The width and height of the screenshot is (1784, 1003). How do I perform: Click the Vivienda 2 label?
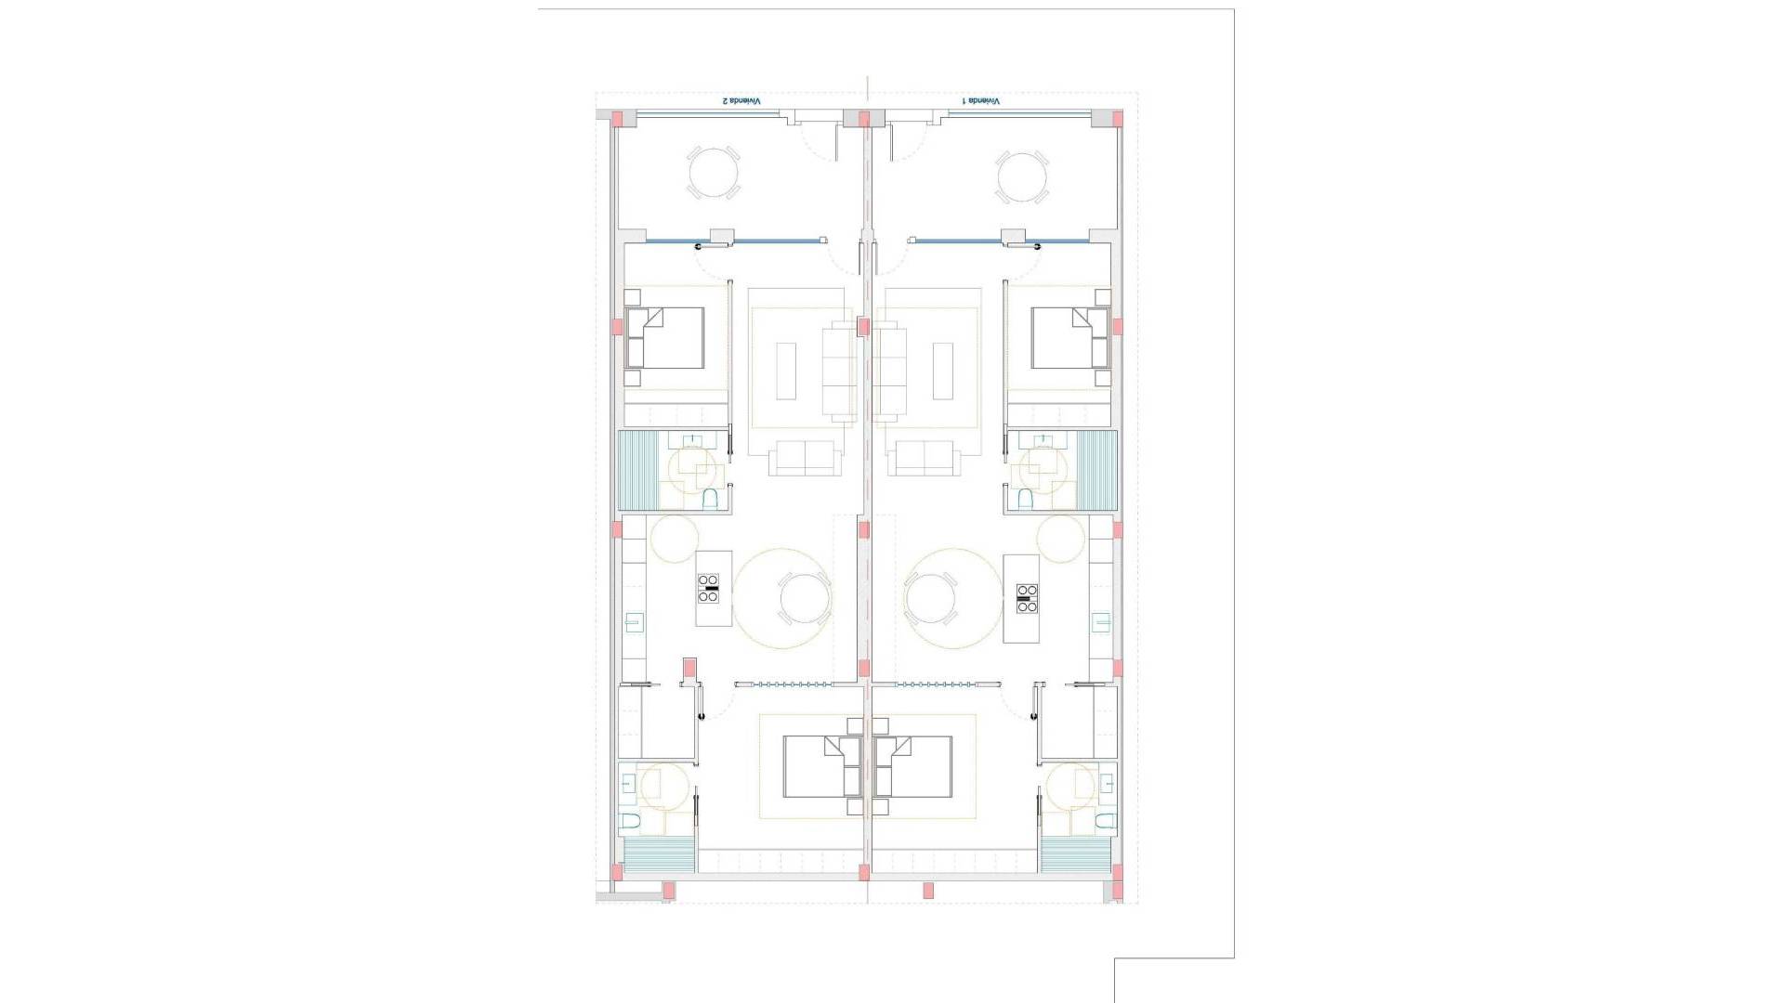pos(742,100)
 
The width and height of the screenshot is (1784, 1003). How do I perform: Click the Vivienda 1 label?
pos(981,100)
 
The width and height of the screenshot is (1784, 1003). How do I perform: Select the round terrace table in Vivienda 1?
pos(1022,176)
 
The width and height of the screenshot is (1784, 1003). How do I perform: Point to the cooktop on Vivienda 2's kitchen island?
pos(708,589)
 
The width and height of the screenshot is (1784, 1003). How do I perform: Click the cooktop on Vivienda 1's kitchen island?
pos(1027,598)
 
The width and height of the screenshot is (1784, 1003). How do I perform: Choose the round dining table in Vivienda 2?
pos(805,598)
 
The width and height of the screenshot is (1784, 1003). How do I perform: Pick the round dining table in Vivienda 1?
pos(930,598)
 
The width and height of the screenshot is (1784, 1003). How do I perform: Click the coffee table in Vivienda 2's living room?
pos(786,371)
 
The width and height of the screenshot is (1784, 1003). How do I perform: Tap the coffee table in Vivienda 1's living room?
pos(943,371)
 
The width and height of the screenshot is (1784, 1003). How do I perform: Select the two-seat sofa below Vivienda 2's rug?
pos(805,458)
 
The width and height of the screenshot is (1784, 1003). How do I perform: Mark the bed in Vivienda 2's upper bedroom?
pos(664,338)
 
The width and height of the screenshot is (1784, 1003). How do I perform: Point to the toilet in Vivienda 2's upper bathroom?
pos(711,500)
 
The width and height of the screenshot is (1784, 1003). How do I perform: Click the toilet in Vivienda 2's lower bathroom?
pos(630,821)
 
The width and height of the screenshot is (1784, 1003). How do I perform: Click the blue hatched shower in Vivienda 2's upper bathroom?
pos(638,470)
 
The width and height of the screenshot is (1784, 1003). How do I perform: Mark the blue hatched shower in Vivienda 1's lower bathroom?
pos(1075,854)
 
